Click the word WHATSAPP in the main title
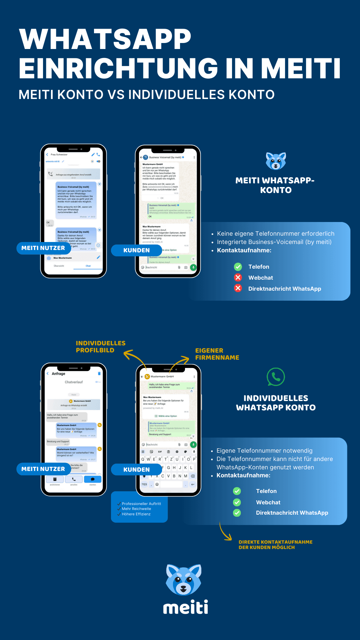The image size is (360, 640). tap(105, 39)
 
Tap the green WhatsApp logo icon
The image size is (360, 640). tap(276, 377)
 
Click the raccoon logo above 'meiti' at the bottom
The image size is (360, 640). tap(183, 580)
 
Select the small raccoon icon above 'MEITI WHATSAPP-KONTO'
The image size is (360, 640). tap(276, 161)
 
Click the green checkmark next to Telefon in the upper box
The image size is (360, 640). tap(238, 267)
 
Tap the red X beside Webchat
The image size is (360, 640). tap(238, 278)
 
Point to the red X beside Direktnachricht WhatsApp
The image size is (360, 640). tap(238, 288)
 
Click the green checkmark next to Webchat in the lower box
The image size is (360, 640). tap(237, 502)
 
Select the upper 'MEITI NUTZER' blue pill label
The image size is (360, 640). tap(43, 248)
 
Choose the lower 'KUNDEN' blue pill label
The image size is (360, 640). tap(136, 469)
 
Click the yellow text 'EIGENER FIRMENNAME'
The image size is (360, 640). tap(217, 354)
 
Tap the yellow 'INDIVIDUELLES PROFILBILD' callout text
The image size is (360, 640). tap(100, 347)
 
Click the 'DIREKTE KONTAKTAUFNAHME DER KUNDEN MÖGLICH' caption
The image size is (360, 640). tap(275, 545)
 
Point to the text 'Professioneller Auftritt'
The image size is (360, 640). tap(141, 504)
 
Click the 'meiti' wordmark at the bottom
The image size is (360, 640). tap(185, 608)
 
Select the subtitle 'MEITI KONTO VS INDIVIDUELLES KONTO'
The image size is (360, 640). tap(147, 95)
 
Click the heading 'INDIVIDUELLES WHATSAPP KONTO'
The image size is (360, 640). tap(276, 403)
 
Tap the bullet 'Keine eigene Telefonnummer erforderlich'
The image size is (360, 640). tap(275, 234)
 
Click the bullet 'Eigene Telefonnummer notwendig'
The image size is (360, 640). tap(264, 451)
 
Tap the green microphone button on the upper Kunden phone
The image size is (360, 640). tap(193, 267)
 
